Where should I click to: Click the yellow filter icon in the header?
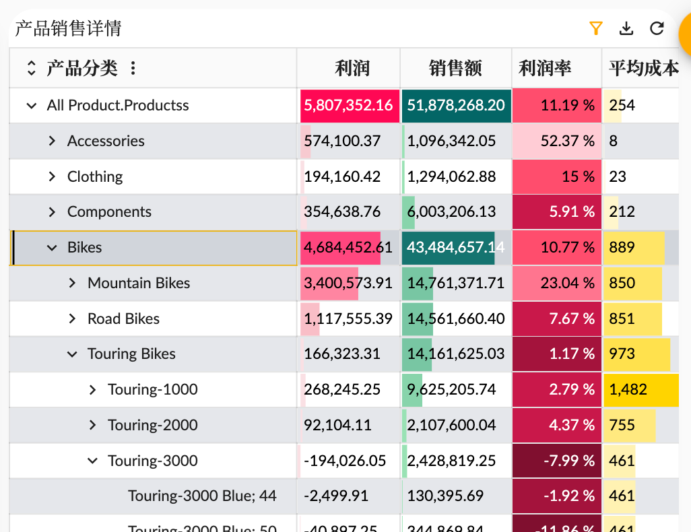[x=595, y=28]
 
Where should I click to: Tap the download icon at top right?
[x=626, y=28]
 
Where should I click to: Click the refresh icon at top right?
[x=657, y=28]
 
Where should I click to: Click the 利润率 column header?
[x=545, y=68]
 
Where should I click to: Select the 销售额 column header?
[x=455, y=68]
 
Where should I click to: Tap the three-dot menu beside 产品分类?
[x=133, y=68]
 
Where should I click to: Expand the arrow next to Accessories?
[x=52, y=141]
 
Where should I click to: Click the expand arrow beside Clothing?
[x=52, y=176]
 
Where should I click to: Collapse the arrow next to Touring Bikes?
[x=72, y=354]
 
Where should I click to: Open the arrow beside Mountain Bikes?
[x=72, y=283]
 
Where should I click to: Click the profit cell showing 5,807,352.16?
[x=348, y=105]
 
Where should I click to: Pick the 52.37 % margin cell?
[x=556, y=141]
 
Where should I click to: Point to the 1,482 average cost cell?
[x=628, y=389]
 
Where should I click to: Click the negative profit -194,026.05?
[x=345, y=461]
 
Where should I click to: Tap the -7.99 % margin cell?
[x=556, y=461]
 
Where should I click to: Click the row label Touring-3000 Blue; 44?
[x=202, y=496]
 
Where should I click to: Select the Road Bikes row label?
[x=123, y=319]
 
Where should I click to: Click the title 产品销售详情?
[x=68, y=28]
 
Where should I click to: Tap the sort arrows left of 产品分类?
[x=31, y=68]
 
